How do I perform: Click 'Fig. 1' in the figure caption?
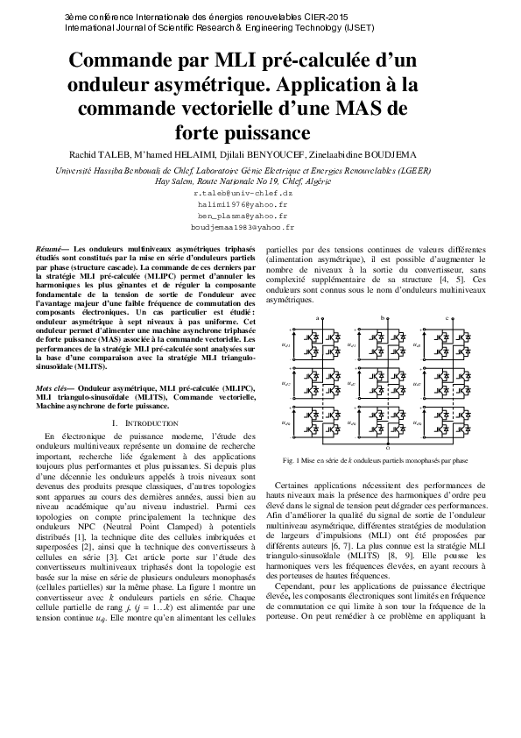(290, 459)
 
